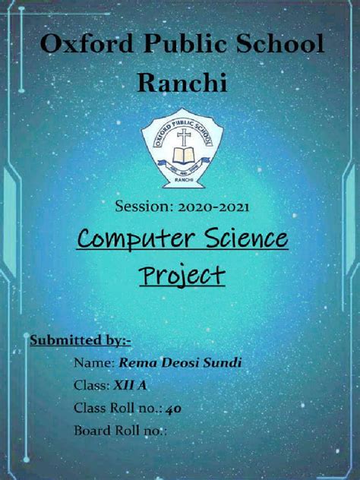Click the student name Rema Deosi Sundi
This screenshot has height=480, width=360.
point(179,363)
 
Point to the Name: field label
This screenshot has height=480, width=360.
point(93,363)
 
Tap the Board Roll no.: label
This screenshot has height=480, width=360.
point(120,431)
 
